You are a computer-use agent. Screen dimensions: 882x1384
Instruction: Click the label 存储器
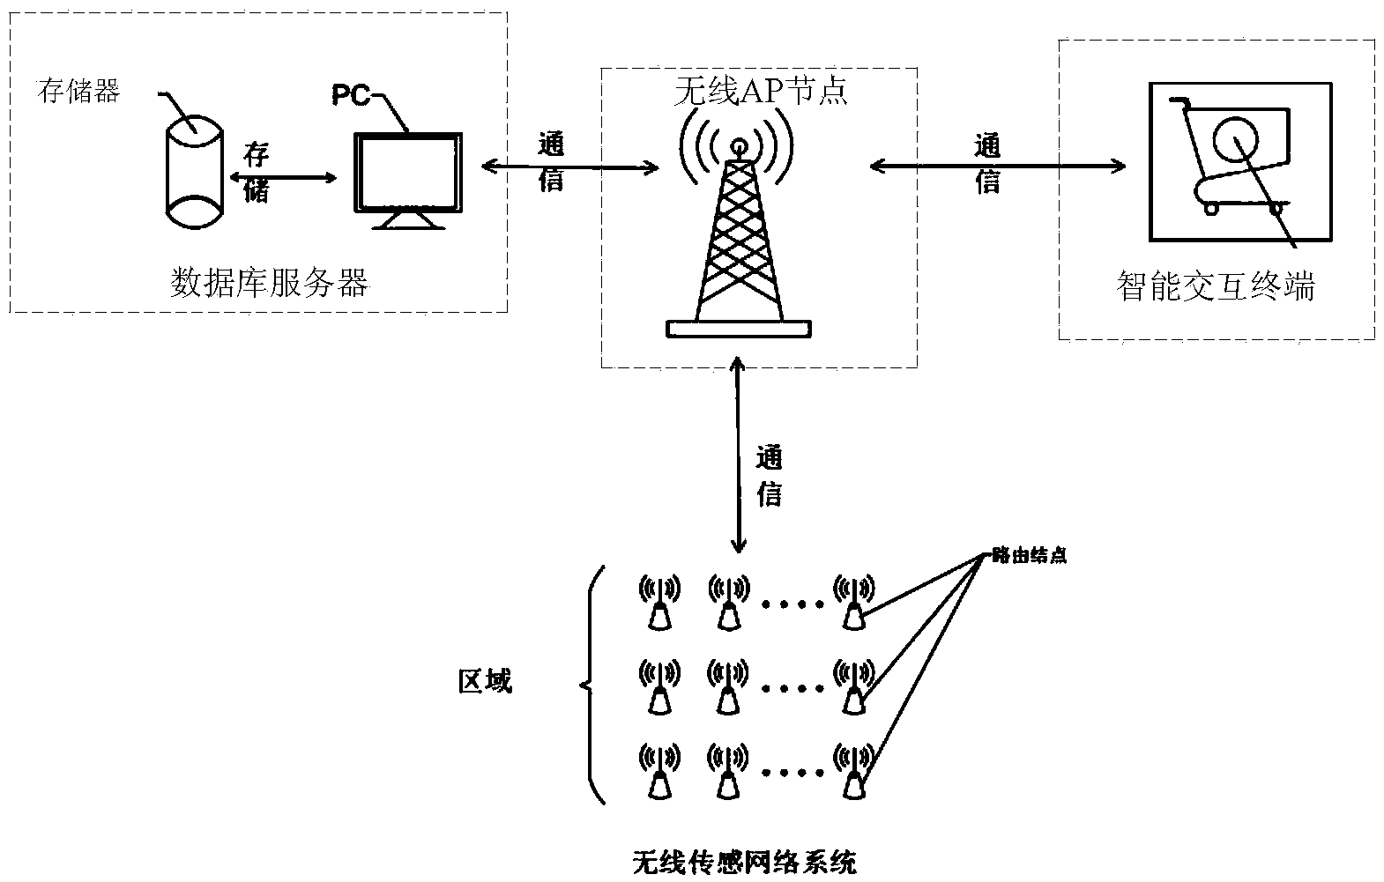click(x=78, y=91)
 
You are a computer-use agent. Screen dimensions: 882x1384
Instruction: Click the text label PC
click(x=350, y=95)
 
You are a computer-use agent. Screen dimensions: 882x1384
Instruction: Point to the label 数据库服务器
click(x=269, y=284)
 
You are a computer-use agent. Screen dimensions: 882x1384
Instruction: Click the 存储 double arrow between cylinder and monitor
click(x=282, y=177)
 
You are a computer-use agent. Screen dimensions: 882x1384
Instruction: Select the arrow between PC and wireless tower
click(x=570, y=165)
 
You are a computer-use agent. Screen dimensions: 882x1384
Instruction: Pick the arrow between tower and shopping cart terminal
click(x=997, y=165)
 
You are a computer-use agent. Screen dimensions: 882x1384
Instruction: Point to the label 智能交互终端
click(x=1216, y=287)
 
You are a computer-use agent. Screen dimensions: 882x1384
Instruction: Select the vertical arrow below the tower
click(x=739, y=454)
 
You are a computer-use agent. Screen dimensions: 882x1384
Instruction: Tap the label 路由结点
click(x=1029, y=556)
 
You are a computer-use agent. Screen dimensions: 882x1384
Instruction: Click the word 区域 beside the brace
click(x=485, y=681)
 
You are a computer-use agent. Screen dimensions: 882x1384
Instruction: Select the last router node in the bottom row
click(x=853, y=772)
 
